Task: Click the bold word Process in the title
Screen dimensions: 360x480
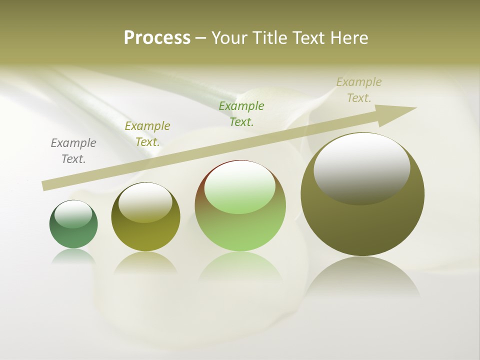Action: [157, 38]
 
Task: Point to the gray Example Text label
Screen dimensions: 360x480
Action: [73, 150]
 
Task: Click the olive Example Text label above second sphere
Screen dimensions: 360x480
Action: [147, 133]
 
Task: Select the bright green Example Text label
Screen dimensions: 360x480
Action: [241, 113]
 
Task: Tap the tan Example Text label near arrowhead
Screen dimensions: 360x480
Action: [359, 89]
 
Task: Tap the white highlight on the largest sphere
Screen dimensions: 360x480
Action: [362, 168]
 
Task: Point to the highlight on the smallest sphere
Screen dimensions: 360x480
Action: [73, 214]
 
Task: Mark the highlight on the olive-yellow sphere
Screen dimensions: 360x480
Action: [145, 202]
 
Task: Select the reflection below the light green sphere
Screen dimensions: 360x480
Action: [240, 267]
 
